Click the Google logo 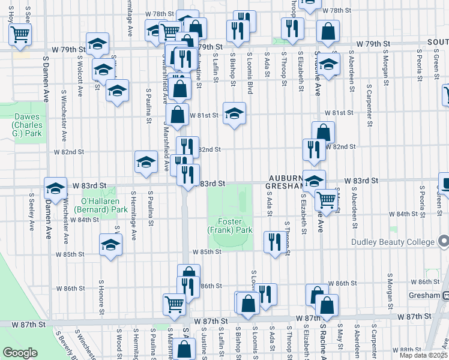click(20, 352)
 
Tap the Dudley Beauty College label click(393, 242)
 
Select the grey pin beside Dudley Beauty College click(443, 242)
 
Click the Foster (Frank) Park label click(230, 226)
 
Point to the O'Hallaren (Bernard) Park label click(100, 205)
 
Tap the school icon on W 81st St click(235, 112)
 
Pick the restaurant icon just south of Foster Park click(276, 242)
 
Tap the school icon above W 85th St click(110, 244)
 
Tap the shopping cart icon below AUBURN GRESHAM click(327, 199)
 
